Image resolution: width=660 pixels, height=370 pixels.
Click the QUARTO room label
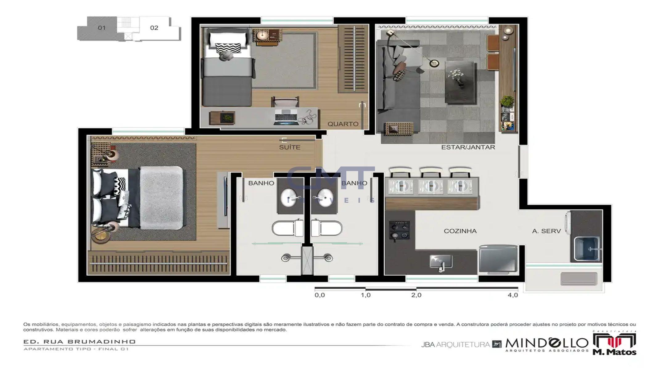[x=343, y=124]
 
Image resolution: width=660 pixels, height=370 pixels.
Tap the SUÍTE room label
[x=289, y=147]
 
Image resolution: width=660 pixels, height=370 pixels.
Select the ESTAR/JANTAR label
[x=468, y=147]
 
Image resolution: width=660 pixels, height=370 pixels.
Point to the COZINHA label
[x=460, y=231]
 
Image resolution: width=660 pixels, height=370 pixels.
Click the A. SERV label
[x=546, y=231]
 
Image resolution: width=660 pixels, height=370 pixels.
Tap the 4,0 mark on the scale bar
[x=513, y=295]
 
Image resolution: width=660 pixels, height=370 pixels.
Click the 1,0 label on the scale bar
[x=365, y=295]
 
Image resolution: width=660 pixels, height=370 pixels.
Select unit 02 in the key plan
[x=154, y=28]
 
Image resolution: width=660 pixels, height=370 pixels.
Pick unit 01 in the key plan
[x=101, y=28]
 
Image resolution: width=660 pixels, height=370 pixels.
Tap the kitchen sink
[x=441, y=262]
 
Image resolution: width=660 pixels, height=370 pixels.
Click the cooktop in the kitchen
[x=399, y=230]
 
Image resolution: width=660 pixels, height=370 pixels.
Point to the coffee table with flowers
[x=460, y=82]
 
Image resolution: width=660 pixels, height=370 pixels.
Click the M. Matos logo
[x=614, y=344]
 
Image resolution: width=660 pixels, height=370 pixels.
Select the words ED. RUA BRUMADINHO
[x=79, y=342]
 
